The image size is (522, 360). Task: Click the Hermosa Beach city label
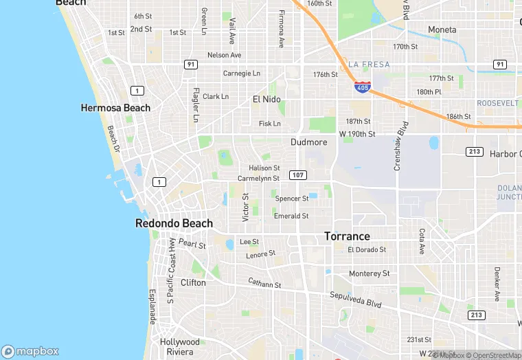(115, 108)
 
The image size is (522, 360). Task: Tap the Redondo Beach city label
(174, 223)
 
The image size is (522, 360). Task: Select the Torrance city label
(347, 236)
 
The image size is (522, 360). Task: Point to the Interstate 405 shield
(363, 88)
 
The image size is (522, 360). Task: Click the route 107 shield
(297, 175)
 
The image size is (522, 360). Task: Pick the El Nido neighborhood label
(266, 99)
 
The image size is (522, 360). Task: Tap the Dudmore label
(308, 142)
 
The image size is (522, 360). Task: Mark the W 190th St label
(357, 133)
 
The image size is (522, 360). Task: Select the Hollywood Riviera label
(180, 346)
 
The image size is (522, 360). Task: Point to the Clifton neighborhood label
(192, 282)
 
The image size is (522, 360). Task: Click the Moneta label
(442, 30)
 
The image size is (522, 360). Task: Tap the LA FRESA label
(369, 65)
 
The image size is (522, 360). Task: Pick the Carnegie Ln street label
(242, 73)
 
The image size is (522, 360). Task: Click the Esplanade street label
(152, 306)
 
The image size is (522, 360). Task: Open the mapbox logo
(30, 350)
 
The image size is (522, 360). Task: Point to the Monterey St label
(369, 273)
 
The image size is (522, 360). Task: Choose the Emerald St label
(291, 216)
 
